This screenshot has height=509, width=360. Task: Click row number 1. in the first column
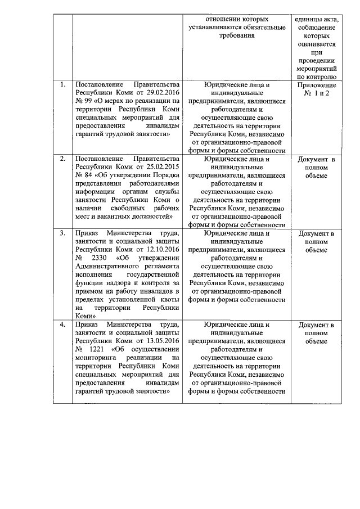pos(63,85)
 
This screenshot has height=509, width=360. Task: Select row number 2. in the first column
pos(63,160)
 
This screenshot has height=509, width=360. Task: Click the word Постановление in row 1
pos(100,85)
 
